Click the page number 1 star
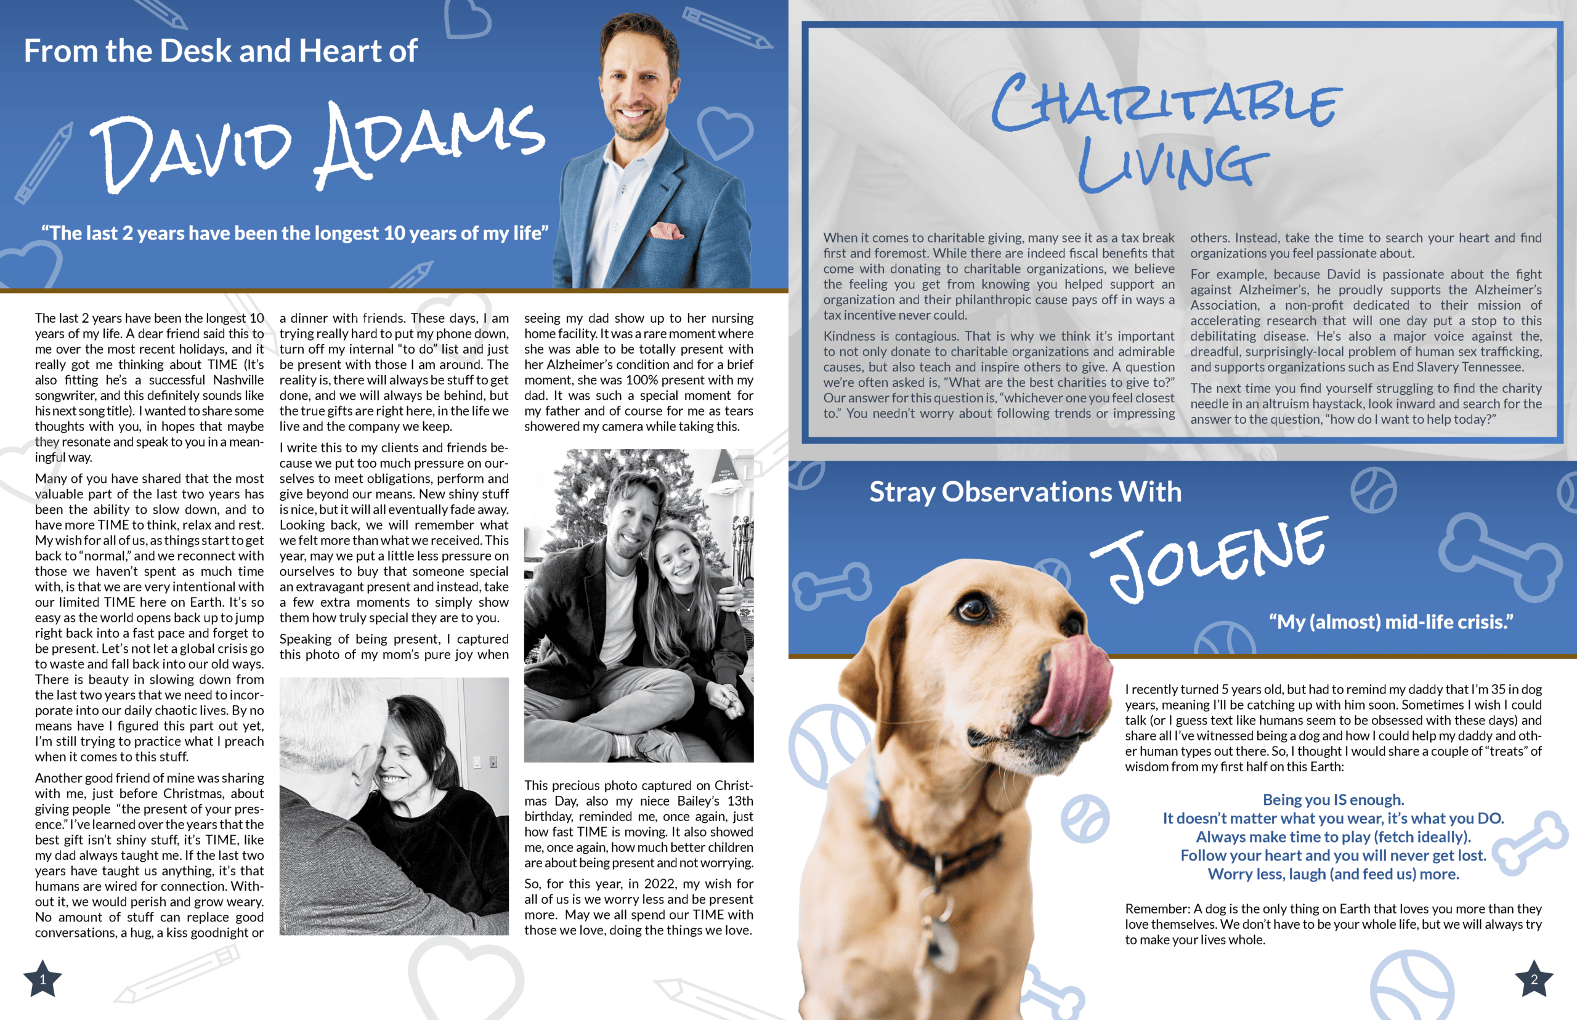pos(43,979)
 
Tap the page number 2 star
pos(1533,979)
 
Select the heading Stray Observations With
pos(1024,492)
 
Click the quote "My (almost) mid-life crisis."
pos(1391,622)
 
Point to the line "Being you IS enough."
pos(1333,799)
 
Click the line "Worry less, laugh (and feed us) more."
pos(1333,873)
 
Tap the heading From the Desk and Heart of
pos(221,51)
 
